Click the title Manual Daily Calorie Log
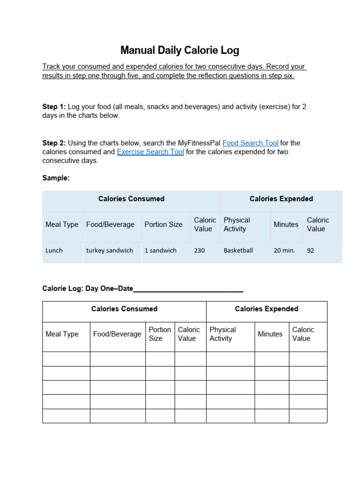tap(180, 50)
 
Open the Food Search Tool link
tap(250, 143)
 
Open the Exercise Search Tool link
tap(150, 152)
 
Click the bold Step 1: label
tap(54, 107)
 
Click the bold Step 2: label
tap(54, 143)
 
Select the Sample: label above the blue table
tap(56, 178)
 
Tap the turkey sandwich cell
tap(109, 250)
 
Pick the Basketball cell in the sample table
tap(238, 250)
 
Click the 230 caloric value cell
tap(199, 250)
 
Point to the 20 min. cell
tap(284, 250)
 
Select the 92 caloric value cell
tap(310, 250)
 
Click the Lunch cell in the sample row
tap(54, 250)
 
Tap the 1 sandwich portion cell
tap(160, 250)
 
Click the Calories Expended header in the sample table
tap(281, 199)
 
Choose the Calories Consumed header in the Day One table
tap(124, 309)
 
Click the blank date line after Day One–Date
tap(188, 289)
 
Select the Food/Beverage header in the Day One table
tap(117, 334)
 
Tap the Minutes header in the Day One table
tap(270, 334)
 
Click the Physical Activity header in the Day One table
tap(223, 334)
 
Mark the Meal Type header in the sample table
tap(62, 225)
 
